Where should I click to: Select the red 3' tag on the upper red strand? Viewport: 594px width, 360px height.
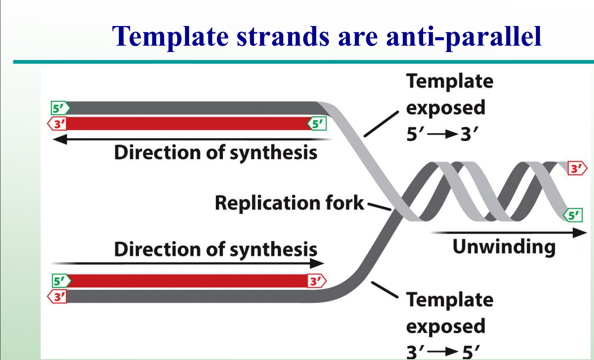57,124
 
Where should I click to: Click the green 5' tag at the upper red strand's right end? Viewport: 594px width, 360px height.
317,124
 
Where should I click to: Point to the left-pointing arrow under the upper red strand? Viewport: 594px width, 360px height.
190,139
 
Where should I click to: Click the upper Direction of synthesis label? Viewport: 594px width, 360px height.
215,153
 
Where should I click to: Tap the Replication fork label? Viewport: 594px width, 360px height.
289,202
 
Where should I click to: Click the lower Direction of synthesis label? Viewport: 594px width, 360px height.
215,250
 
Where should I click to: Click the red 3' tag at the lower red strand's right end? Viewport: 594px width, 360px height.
316,281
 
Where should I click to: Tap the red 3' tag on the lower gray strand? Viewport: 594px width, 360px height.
57,297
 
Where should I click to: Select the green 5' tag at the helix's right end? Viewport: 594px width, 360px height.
573,215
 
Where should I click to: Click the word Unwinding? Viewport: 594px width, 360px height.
504,247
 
